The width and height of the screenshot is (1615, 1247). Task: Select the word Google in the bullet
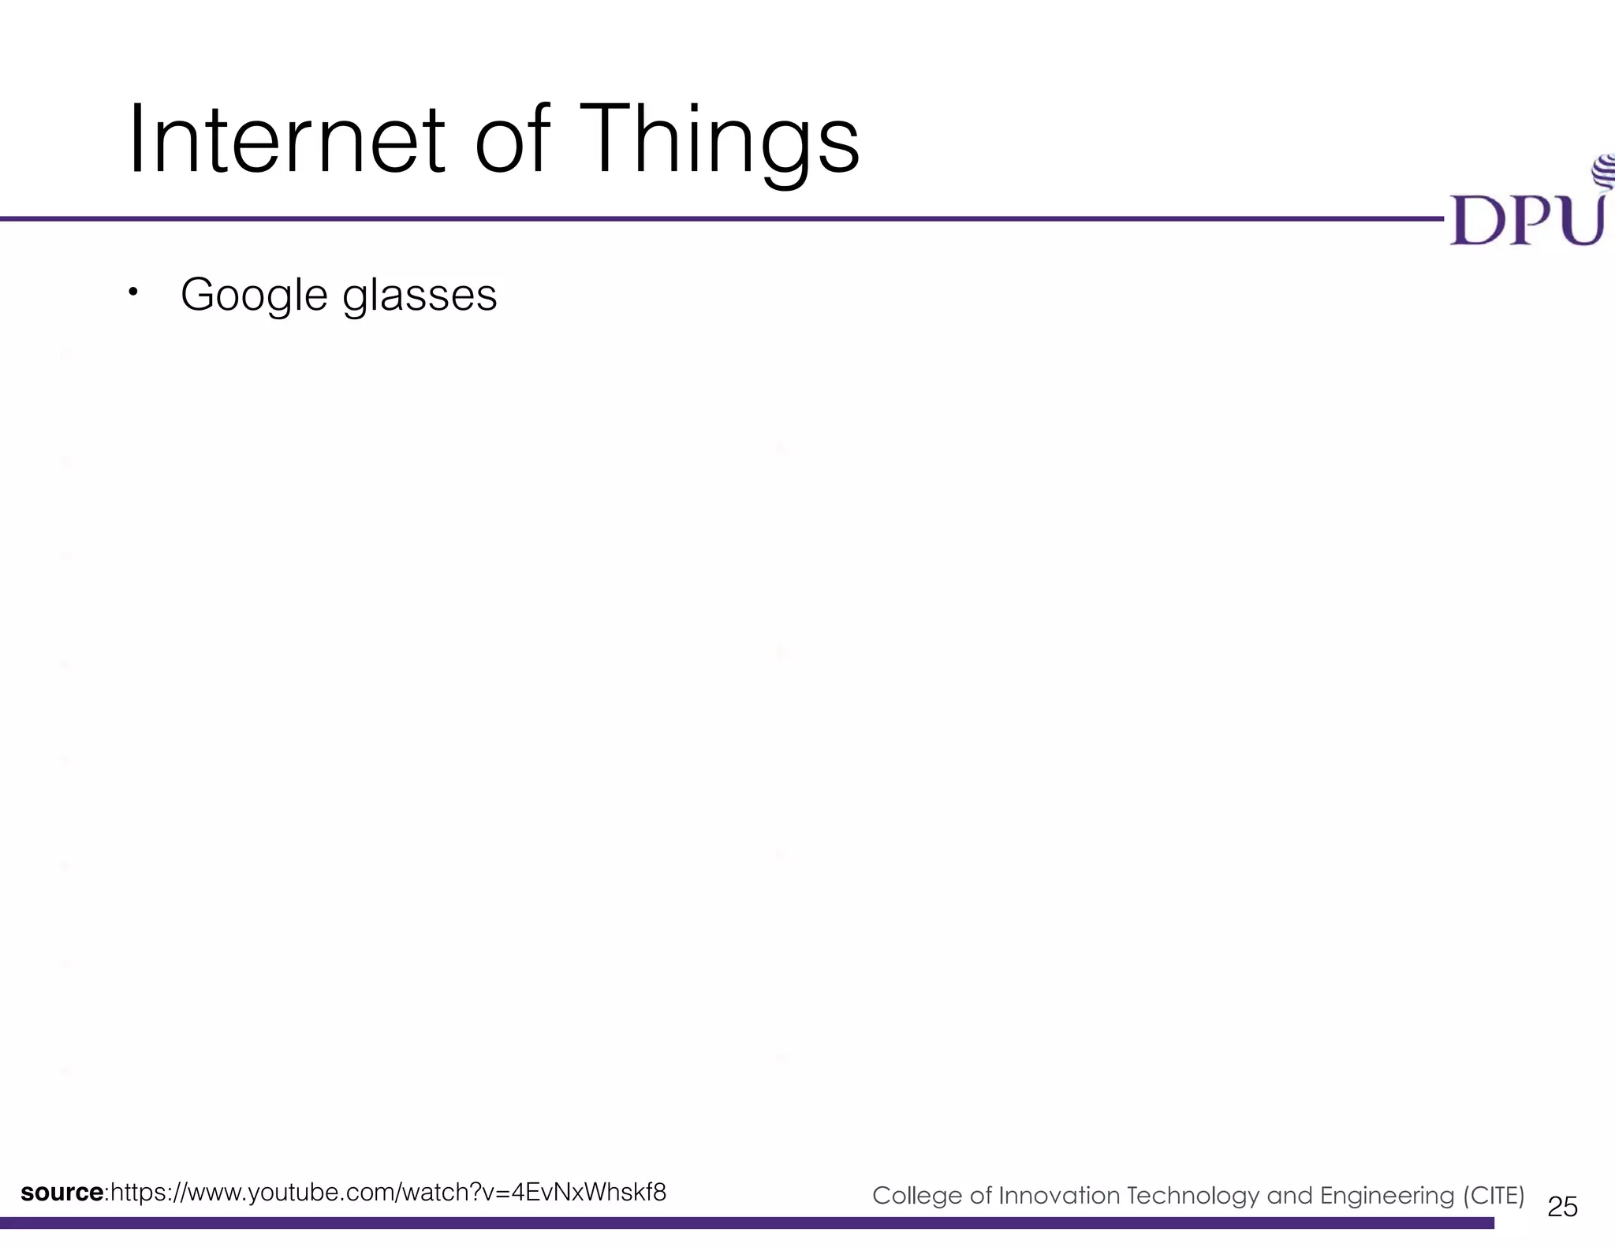click(x=254, y=296)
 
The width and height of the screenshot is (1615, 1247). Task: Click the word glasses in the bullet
click(x=420, y=296)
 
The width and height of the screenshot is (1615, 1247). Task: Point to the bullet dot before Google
click(x=133, y=292)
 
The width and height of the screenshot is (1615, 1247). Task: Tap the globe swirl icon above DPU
click(x=1604, y=172)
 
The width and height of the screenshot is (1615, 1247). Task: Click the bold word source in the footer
click(x=62, y=1192)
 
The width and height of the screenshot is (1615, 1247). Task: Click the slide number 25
click(x=1562, y=1206)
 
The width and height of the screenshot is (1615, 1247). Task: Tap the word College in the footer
click(x=917, y=1196)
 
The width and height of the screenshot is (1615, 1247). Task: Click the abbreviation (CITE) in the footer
click(x=1494, y=1196)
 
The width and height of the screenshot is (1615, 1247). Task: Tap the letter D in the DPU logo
click(x=1474, y=220)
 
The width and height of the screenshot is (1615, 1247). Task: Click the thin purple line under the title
click(x=710, y=218)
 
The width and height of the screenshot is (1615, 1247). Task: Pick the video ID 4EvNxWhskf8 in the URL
click(x=588, y=1192)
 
